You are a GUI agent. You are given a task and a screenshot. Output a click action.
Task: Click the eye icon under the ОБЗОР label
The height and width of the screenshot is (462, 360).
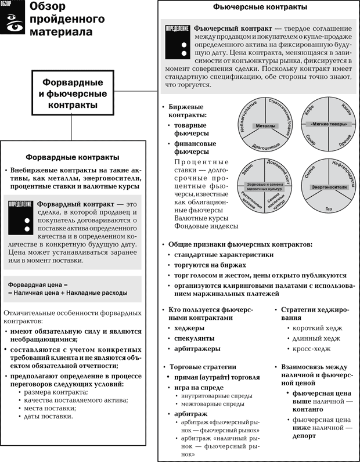[12, 23]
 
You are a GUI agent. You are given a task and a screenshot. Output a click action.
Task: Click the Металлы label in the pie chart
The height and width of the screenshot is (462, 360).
[265, 125]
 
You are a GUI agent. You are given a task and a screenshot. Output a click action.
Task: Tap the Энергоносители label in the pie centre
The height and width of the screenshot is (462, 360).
[328, 187]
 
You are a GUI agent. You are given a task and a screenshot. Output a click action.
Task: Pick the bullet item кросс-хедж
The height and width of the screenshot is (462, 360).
[308, 349]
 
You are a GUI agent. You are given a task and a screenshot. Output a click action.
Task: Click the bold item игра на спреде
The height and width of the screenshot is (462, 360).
[200, 388]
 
